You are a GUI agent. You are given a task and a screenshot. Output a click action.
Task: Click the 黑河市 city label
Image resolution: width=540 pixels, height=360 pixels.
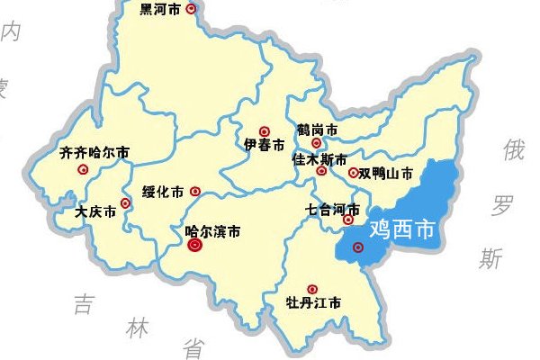pyautogui.click(x=161, y=9)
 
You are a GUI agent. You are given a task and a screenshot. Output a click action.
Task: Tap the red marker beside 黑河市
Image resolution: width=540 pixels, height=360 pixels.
pyautogui.click(x=190, y=9)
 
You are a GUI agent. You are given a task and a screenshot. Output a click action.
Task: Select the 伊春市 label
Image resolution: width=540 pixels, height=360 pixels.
pyautogui.click(x=265, y=145)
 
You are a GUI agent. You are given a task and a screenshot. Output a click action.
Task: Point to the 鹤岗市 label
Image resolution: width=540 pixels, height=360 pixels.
pyautogui.click(x=318, y=130)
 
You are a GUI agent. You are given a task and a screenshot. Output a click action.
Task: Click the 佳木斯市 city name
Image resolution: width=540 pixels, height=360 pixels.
pyautogui.click(x=320, y=158)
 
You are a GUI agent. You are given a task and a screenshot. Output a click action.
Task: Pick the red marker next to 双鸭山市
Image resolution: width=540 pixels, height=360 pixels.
pyautogui.click(x=353, y=173)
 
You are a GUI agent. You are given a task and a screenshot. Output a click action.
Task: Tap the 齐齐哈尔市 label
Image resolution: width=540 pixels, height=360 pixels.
pyautogui.click(x=93, y=152)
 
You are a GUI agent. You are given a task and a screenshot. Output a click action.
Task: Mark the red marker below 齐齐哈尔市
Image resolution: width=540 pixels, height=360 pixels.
pyautogui.click(x=83, y=168)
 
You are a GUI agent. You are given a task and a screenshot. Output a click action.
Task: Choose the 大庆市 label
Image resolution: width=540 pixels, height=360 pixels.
pyautogui.click(x=95, y=212)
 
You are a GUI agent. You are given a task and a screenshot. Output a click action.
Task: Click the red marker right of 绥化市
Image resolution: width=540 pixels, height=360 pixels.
pyautogui.click(x=195, y=191)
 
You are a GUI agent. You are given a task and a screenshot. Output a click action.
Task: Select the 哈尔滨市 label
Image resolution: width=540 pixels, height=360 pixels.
pyautogui.click(x=212, y=231)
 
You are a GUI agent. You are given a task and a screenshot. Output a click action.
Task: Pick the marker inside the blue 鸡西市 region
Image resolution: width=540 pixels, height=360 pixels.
pyautogui.click(x=358, y=247)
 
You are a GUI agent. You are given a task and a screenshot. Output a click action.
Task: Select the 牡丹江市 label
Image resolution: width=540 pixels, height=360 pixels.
pyautogui.click(x=313, y=302)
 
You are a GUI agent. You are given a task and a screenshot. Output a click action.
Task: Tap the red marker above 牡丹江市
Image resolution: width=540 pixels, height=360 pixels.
pyautogui.click(x=312, y=288)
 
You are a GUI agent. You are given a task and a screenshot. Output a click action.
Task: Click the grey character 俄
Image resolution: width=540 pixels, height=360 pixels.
pyautogui.click(x=513, y=150)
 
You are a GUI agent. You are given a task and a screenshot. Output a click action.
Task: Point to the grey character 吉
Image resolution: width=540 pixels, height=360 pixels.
pyautogui.click(x=84, y=303)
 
